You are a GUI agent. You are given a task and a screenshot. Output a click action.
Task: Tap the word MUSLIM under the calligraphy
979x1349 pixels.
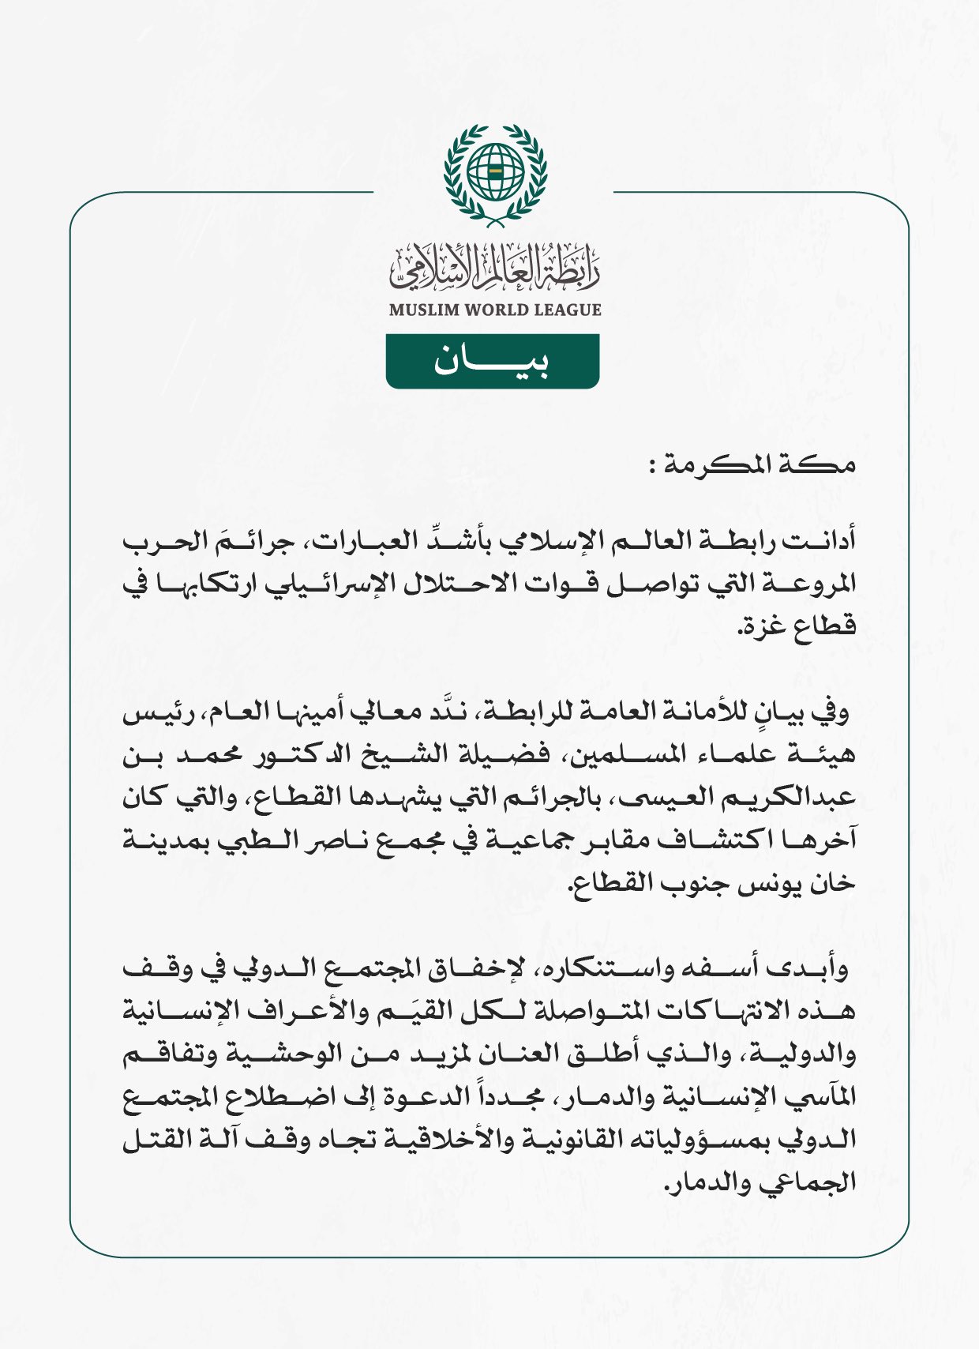(x=424, y=310)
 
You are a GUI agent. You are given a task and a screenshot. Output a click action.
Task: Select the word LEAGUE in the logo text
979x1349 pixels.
(x=568, y=310)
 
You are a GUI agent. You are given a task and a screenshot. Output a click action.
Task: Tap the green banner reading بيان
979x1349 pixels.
(x=492, y=362)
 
